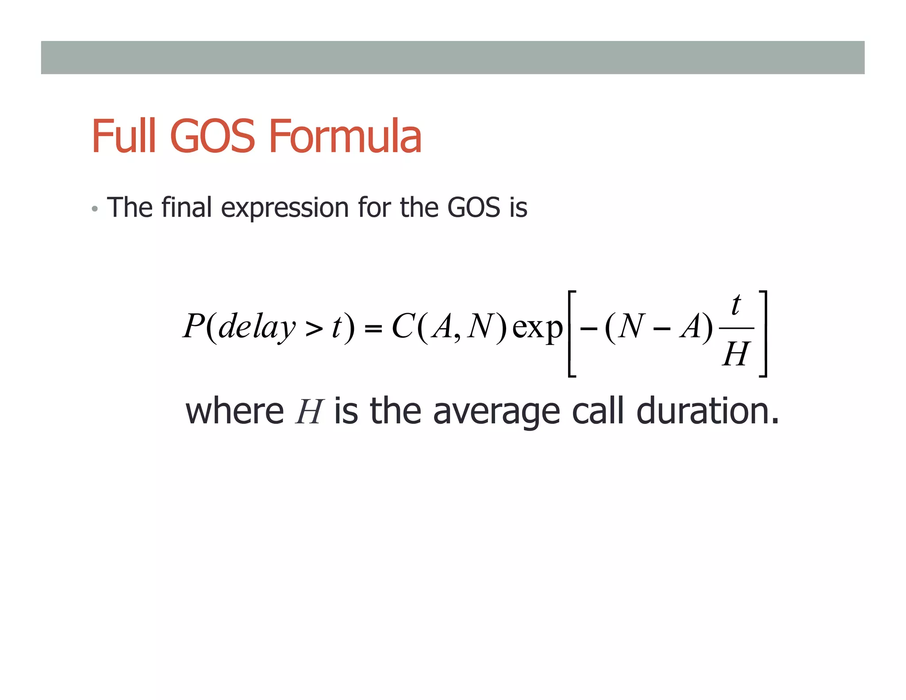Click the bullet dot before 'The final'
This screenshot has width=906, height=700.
point(94,209)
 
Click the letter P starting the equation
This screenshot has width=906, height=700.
point(193,327)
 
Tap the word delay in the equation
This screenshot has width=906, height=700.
point(257,327)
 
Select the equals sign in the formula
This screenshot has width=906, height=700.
point(373,329)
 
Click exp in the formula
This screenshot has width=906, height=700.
point(537,328)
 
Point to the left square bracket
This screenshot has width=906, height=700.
point(572,334)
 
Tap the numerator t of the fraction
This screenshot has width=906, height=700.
point(736,305)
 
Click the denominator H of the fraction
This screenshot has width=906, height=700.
point(736,354)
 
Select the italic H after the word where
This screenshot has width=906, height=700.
point(309,412)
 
